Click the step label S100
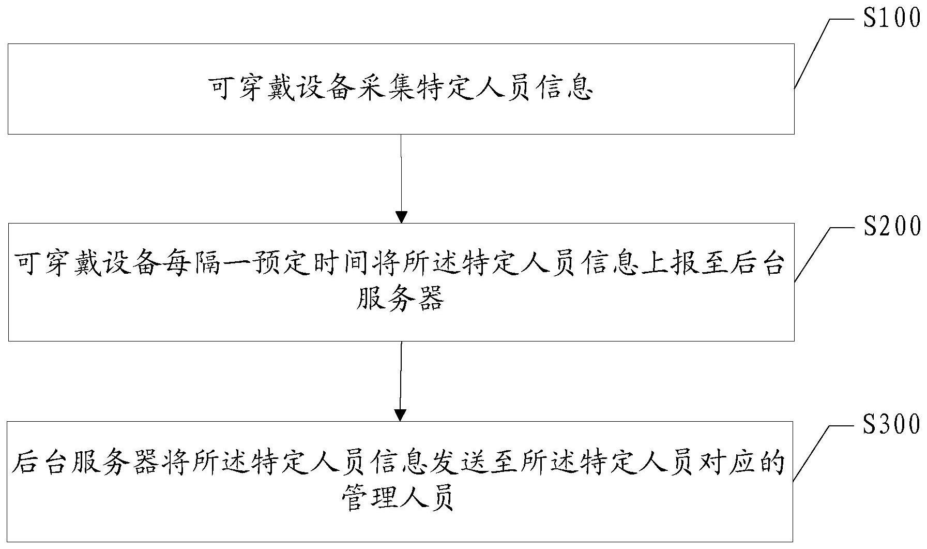[892, 18]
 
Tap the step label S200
[892, 226]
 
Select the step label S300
[892, 424]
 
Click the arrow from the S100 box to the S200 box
[401, 179]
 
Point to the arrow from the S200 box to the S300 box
[401, 381]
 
